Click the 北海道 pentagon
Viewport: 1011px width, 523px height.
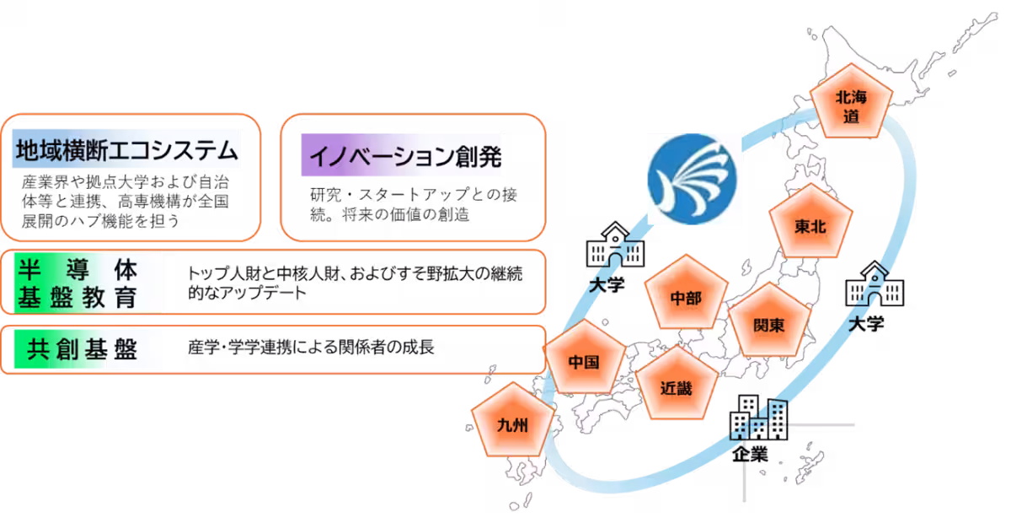851,107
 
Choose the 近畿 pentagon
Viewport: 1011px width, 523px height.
676,389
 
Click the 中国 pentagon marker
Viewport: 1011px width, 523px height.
584,362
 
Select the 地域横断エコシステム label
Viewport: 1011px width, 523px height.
126,152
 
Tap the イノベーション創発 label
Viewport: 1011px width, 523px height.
401,159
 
